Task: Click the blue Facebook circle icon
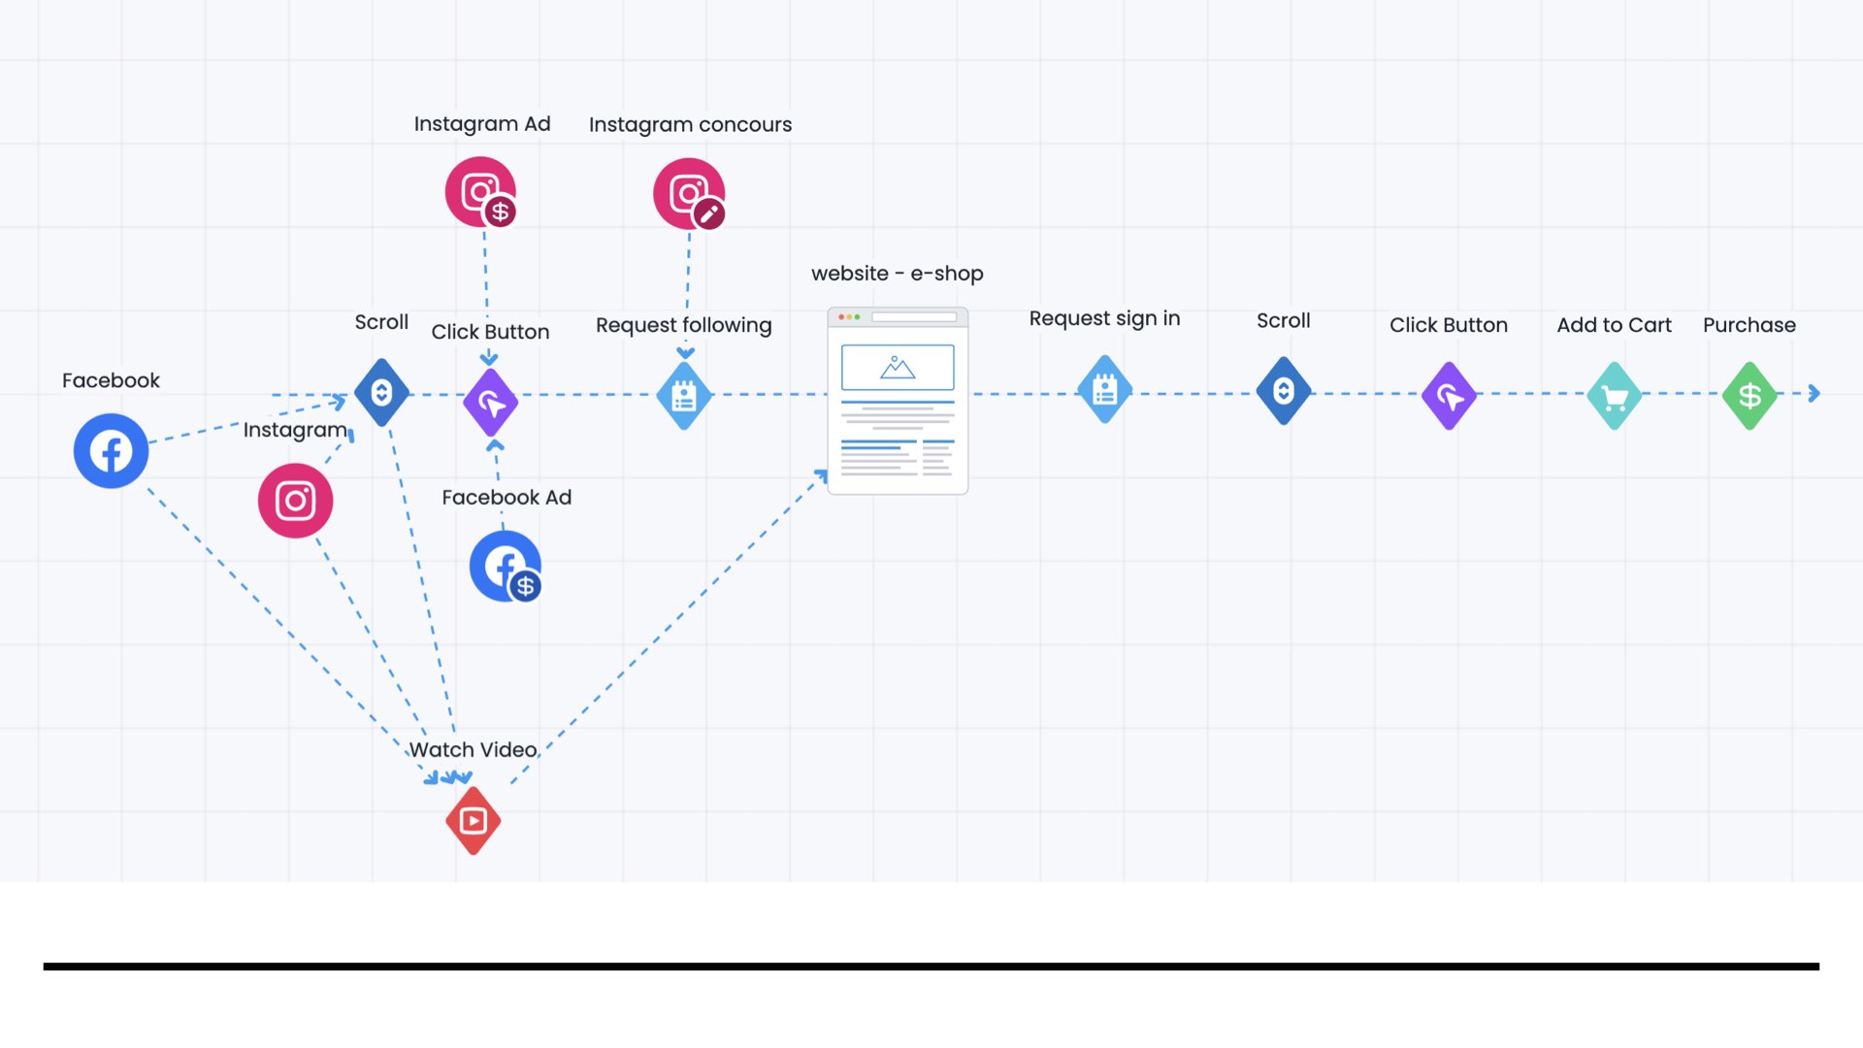click(111, 451)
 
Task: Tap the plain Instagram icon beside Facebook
click(295, 501)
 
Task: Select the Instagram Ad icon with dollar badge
click(481, 192)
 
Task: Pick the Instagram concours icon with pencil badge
click(689, 194)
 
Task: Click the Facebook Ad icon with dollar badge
click(506, 567)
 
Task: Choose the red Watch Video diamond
click(474, 821)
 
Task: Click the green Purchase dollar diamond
click(1749, 396)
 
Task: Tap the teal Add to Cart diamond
click(1615, 396)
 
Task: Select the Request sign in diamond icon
click(1105, 390)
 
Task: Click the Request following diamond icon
click(684, 396)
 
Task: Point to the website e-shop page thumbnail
click(898, 401)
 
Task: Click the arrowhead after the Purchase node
click(1814, 393)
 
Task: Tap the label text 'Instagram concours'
click(690, 124)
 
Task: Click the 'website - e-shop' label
click(898, 274)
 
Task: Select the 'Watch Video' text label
click(473, 749)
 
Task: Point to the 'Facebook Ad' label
click(507, 497)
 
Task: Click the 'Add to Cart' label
click(1614, 325)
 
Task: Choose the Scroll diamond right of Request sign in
click(1284, 391)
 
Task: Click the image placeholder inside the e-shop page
click(898, 368)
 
